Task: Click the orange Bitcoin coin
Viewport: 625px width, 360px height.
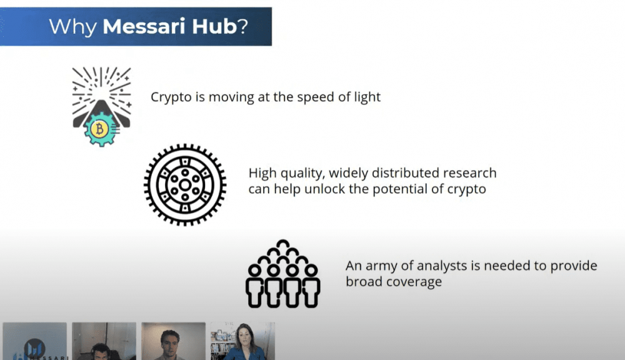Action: [x=99, y=129]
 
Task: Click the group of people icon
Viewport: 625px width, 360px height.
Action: [x=283, y=274]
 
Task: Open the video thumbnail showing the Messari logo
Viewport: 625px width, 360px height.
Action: [x=34, y=341]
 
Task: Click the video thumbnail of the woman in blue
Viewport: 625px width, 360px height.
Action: [x=242, y=341]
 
